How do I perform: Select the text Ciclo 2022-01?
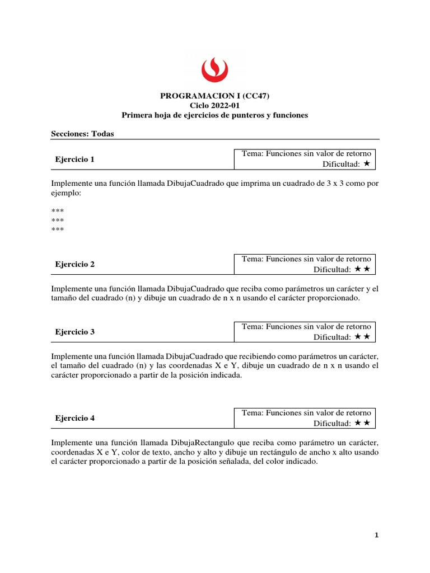[214, 105]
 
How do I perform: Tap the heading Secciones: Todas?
[82, 133]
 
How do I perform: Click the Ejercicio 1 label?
[75, 159]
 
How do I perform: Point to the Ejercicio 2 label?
[75, 265]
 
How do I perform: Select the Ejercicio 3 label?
[75, 332]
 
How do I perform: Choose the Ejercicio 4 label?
[75, 418]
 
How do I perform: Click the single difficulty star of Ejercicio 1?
[366, 164]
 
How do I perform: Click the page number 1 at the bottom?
[377, 536]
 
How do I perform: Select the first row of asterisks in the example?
[57, 210]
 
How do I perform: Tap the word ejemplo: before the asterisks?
[66, 192]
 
